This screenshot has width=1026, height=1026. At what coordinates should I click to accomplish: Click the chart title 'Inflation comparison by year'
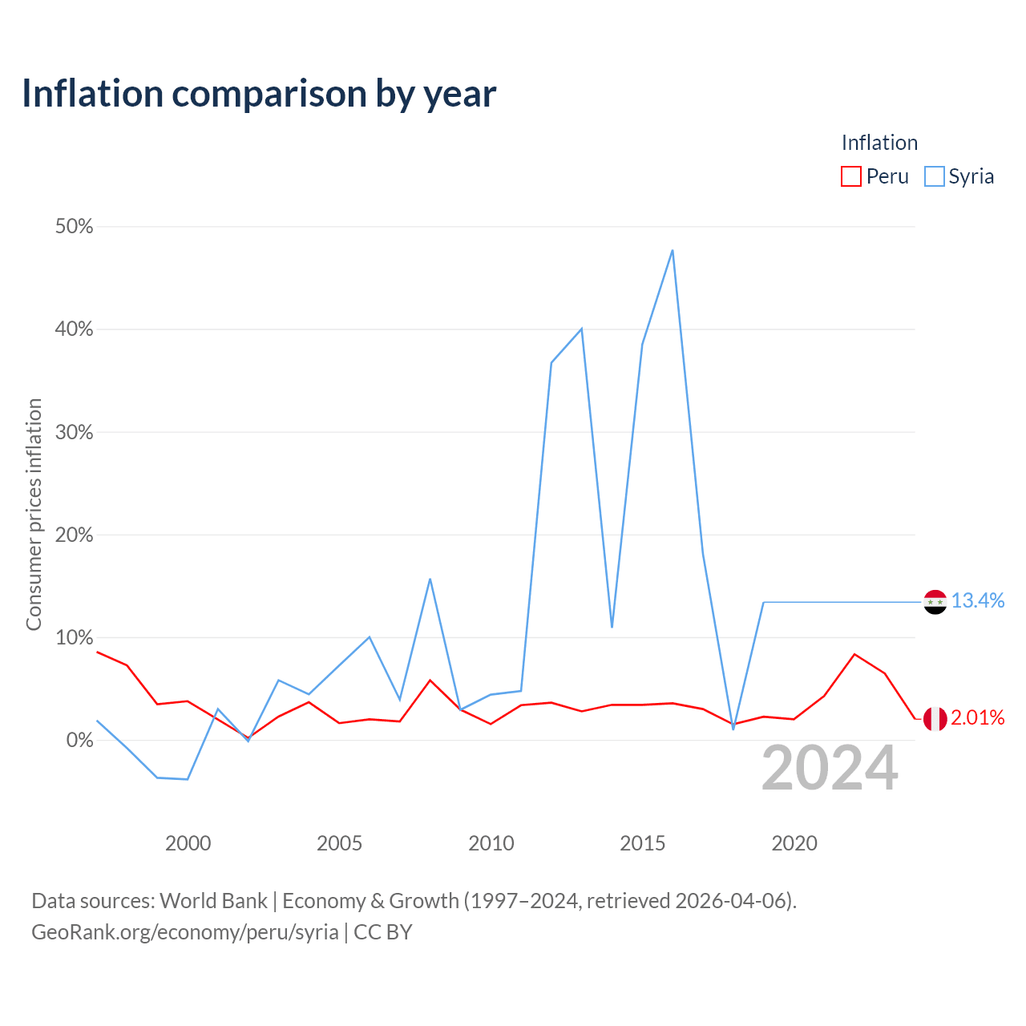pos(259,94)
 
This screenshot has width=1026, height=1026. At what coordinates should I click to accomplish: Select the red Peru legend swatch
pos(850,176)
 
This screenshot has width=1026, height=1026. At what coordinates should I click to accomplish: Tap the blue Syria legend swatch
pos(934,176)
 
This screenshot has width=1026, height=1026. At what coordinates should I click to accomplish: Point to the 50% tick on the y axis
pos(74,226)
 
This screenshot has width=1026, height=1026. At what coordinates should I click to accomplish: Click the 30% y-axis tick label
pos(74,432)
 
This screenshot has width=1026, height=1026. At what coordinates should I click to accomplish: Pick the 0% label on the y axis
pos(80,740)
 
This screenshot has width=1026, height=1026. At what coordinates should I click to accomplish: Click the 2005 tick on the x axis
pos(339,843)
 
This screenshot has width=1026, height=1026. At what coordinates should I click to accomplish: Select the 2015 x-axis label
pos(643,843)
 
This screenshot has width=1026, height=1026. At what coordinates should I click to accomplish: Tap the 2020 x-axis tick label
pos(794,843)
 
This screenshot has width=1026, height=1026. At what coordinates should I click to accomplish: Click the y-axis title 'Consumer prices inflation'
pos(34,515)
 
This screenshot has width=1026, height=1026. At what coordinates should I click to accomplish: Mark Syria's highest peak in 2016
pos(673,250)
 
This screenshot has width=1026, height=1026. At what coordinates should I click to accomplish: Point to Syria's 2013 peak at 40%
pos(581,329)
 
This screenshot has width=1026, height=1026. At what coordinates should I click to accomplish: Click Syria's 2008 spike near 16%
pos(430,579)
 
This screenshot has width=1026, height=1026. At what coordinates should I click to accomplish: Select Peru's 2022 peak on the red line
pos(854,654)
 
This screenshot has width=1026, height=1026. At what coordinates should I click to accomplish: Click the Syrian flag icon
pos(935,602)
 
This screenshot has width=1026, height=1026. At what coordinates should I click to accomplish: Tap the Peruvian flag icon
pos(935,719)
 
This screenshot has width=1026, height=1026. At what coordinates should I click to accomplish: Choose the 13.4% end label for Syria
pos(978,600)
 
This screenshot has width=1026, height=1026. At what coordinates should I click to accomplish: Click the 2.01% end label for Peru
pos(978,717)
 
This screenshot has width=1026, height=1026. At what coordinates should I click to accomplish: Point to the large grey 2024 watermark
pos(830,768)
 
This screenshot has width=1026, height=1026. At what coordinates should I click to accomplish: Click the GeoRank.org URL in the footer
pos(184,931)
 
